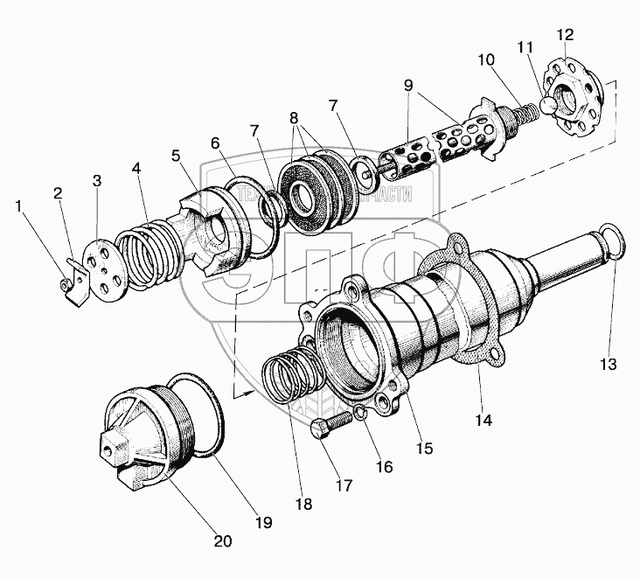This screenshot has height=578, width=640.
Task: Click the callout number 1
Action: click(18, 206)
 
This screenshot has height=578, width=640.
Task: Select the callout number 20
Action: click(223, 540)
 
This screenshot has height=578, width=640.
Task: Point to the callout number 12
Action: click(565, 34)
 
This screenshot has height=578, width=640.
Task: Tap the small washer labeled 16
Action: click(360, 414)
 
